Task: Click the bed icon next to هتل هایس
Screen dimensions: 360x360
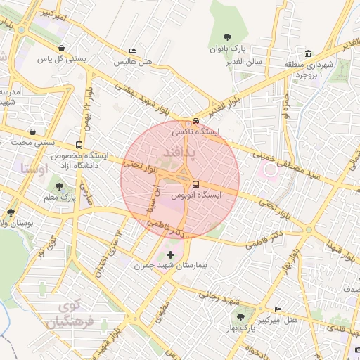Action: click(132, 51)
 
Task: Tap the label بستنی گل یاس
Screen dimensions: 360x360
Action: click(63, 59)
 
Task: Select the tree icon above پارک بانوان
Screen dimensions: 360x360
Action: click(226, 37)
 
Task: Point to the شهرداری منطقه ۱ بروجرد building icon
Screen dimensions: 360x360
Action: click(309, 54)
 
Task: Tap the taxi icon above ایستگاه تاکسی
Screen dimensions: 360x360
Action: click(195, 121)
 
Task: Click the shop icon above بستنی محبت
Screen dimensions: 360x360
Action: click(33, 131)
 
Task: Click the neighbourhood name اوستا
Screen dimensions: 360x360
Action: click(34, 169)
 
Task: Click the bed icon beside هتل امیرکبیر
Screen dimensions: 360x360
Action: click(278, 309)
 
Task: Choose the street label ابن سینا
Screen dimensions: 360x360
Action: click(153, 198)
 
